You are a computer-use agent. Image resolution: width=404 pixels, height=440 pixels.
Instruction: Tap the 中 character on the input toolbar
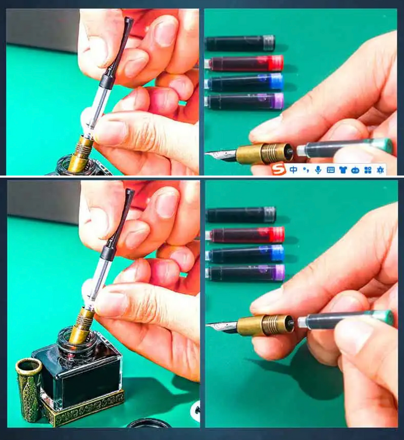pos(293,170)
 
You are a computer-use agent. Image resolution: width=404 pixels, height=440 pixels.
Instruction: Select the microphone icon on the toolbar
pos(318,170)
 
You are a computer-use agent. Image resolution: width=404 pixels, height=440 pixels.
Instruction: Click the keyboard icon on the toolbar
pos(331,170)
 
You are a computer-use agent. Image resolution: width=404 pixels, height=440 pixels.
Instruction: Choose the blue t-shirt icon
pos(343,170)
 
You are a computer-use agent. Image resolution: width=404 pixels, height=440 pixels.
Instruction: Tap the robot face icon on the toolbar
pos(356,170)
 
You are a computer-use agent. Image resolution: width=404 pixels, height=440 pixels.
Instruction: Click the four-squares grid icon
pos(368,170)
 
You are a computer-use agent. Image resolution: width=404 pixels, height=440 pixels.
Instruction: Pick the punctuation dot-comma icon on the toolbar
pos(305,170)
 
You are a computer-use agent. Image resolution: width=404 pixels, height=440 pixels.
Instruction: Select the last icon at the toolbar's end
pos(380,170)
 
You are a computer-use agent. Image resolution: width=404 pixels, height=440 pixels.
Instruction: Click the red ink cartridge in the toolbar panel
pos(244,63)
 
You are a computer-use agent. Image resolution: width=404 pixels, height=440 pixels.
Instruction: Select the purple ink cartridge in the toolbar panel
pos(244,101)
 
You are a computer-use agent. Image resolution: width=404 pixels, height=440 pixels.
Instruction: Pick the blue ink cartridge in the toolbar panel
pos(244,82)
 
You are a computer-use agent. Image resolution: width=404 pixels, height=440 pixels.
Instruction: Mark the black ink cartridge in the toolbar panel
pos(240,43)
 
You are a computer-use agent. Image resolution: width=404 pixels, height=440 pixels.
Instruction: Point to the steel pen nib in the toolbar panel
pos(221,156)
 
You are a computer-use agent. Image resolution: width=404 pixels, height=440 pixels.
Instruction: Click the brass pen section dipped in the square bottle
pos(82,325)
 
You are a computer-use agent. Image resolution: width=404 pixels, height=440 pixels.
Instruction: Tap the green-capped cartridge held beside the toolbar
pos(345,147)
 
